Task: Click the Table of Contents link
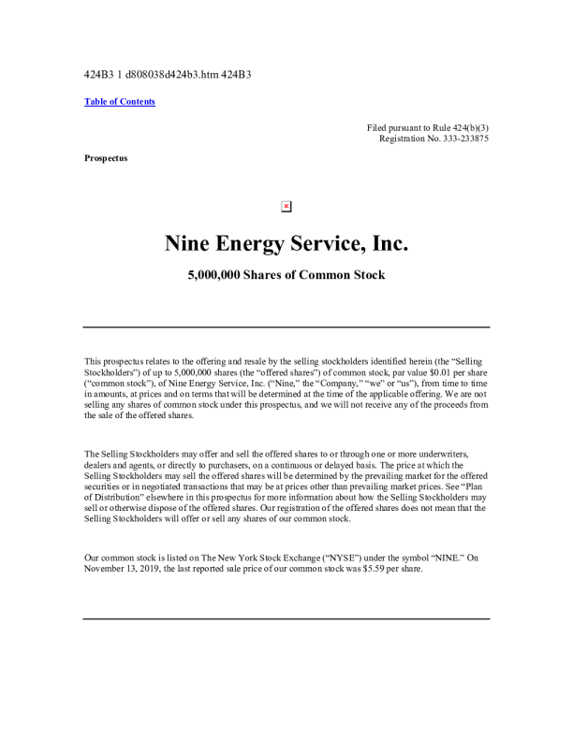[x=120, y=102]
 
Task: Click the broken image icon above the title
[x=286, y=206]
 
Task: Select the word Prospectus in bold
[x=106, y=158]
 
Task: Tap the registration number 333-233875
[x=459, y=138]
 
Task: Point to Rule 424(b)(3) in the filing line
[x=457, y=126]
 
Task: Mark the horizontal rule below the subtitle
[x=286, y=327]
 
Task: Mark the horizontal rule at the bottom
[x=286, y=618]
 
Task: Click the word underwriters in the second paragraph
[x=440, y=454]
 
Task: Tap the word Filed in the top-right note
[x=378, y=126]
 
